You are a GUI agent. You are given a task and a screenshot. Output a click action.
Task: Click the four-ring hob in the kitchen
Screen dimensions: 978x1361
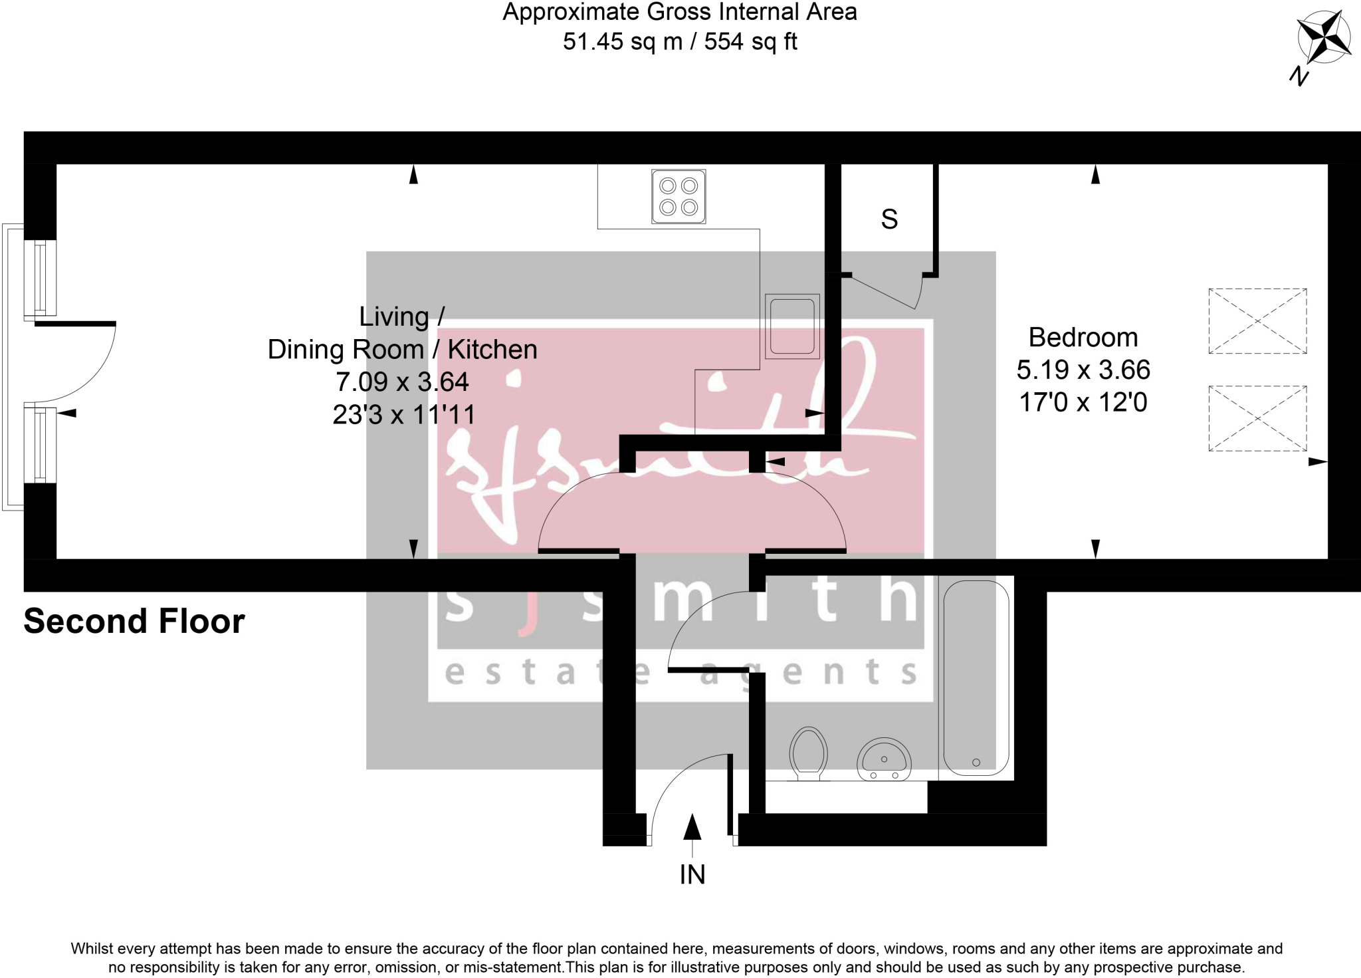[x=679, y=196]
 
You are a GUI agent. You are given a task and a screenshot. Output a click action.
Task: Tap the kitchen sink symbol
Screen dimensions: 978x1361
[x=791, y=326]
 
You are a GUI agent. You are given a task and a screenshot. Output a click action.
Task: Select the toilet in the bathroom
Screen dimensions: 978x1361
[x=808, y=755]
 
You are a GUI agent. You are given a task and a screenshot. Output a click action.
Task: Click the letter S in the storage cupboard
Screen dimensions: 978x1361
[x=889, y=219]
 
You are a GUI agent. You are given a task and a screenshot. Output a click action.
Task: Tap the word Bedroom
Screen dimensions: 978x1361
[x=1083, y=338]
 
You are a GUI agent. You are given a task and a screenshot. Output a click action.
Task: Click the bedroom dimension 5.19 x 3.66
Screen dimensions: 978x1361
[x=1083, y=370]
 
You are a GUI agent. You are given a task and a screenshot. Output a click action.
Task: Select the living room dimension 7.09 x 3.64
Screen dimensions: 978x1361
[x=402, y=382]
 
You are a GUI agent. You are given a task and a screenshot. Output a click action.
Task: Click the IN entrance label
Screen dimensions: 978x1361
[x=692, y=875]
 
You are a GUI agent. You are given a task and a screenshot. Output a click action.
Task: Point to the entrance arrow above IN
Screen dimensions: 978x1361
[x=692, y=828]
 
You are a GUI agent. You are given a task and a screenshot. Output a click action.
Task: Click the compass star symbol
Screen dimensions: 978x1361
[x=1324, y=37]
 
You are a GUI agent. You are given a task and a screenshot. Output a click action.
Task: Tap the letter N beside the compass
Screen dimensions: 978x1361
[x=1299, y=76]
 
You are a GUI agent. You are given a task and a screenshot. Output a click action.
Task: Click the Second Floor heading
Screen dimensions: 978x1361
[x=134, y=622]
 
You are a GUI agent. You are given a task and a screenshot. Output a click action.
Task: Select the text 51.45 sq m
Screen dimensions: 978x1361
[x=623, y=42]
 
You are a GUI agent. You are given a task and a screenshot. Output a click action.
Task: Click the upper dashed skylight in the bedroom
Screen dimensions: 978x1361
[x=1257, y=321]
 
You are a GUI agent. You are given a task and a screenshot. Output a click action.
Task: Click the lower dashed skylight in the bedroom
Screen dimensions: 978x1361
[x=1257, y=419]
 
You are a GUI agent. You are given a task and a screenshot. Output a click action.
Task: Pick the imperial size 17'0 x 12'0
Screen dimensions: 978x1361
[x=1083, y=403]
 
